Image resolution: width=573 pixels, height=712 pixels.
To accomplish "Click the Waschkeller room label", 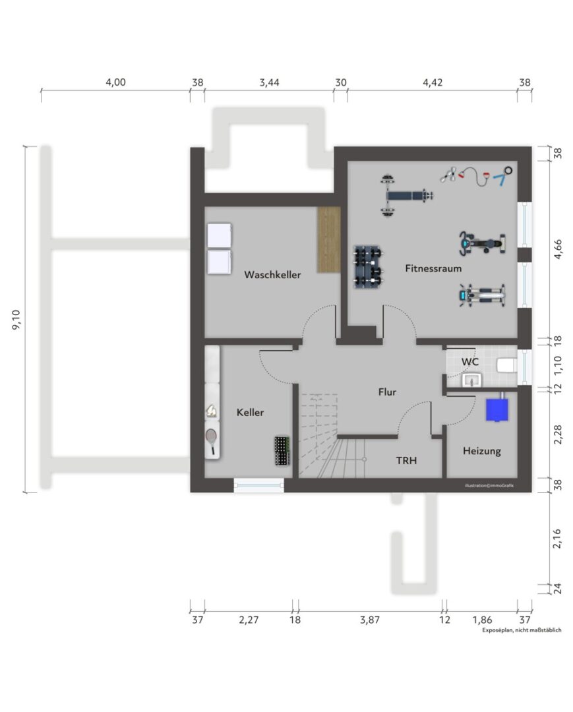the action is click(x=272, y=274).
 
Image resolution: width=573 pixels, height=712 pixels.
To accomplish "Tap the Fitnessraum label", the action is click(x=433, y=268).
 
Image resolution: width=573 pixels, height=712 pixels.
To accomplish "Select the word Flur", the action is click(x=387, y=392).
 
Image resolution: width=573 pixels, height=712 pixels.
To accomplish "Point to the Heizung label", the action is click(x=482, y=451).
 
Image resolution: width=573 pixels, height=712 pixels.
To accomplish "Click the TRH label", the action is click(x=406, y=460).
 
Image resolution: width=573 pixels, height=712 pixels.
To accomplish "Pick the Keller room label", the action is click(x=250, y=412).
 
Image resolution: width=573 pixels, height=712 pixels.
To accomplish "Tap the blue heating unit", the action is click(x=497, y=409).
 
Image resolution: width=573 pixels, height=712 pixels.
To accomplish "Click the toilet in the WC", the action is click(x=507, y=365).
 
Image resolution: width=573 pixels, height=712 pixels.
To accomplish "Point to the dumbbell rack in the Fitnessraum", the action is click(x=368, y=266).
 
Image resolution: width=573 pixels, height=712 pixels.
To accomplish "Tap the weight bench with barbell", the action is click(x=405, y=195).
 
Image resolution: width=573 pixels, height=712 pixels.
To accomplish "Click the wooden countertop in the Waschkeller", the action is click(x=329, y=240).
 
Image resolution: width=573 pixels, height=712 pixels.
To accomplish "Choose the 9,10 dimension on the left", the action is click(x=16, y=319).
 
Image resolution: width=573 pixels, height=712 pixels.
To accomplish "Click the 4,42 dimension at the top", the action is click(x=433, y=82).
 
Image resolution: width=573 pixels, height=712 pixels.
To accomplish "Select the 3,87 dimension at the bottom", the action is click(x=370, y=620).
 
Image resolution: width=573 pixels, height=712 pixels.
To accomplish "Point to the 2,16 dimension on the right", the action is click(x=557, y=538).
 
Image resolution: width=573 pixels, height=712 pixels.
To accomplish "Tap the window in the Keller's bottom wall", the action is click(x=258, y=485).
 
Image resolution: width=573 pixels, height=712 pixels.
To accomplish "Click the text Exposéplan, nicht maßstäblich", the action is click(x=522, y=630).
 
